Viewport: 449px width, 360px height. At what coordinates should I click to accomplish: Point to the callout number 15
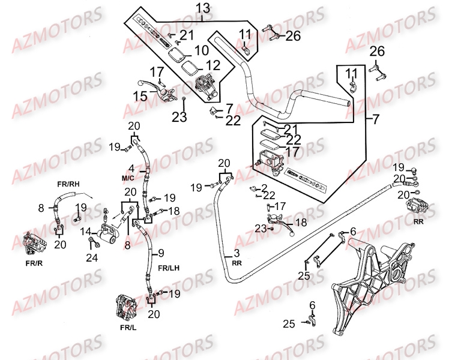pos(140,96)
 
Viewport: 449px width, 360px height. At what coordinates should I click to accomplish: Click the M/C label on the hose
pos(128,178)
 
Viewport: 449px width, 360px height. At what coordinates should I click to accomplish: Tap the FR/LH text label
pos(169,268)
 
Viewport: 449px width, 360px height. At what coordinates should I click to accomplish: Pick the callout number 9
pos(160,253)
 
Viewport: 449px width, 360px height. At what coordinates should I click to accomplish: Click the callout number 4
pos(130,169)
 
